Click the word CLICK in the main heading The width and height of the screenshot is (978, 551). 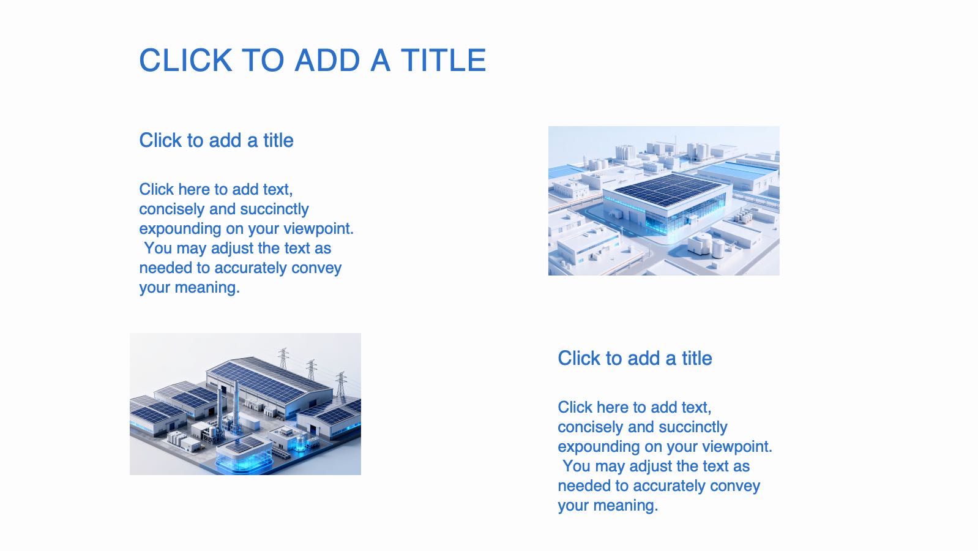point(185,60)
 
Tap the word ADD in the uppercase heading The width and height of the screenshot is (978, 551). point(327,60)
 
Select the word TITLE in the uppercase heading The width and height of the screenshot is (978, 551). point(444,60)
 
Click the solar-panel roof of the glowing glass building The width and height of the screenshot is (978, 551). point(668,189)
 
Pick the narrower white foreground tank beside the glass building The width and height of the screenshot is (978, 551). point(718,249)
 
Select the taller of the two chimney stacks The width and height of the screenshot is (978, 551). point(236,406)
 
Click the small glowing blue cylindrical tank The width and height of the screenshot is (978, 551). point(300,443)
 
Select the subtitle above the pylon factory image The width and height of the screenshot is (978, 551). point(216,140)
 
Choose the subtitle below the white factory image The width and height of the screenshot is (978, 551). point(635,358)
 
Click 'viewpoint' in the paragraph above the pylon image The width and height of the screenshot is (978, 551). point(318,229)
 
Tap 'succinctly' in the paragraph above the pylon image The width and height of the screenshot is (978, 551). point(274,209)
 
